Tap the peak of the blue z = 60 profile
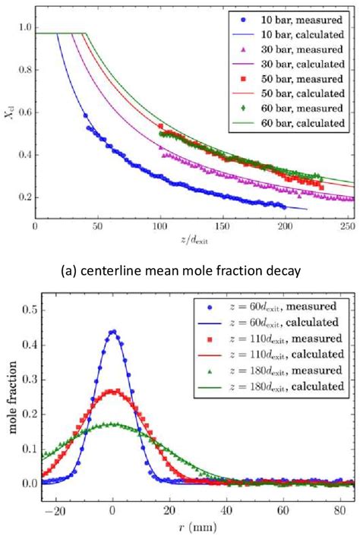(x=113, y=331)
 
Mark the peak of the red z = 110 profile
(x=113, y=392)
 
